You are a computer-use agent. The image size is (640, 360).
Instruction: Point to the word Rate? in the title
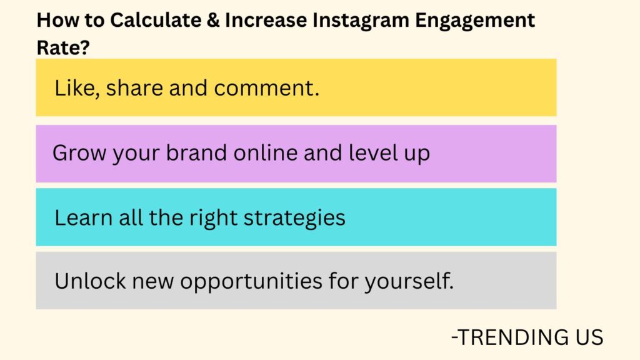tap(62, 47)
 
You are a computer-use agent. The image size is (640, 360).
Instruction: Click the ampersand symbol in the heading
tap(212, 21)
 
